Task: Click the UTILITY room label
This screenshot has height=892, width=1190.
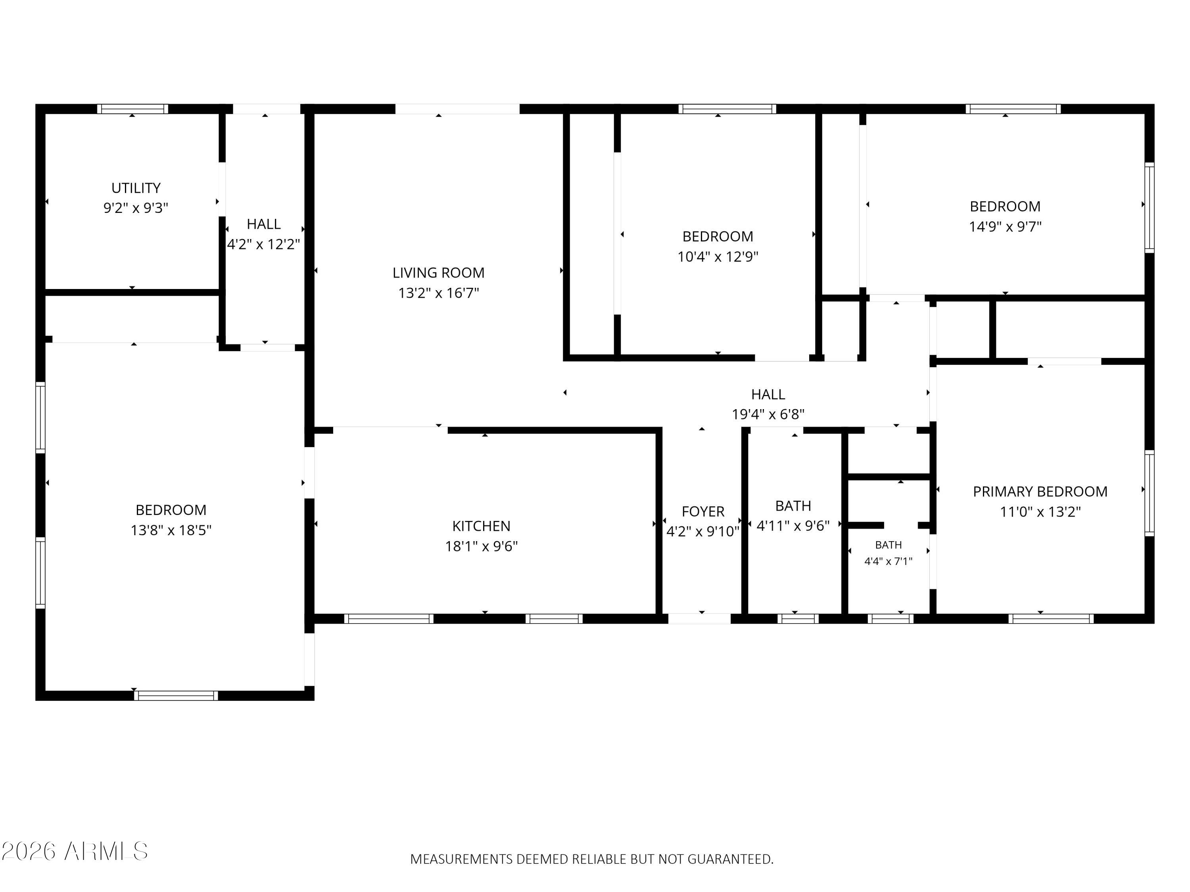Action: [x=136, y=188]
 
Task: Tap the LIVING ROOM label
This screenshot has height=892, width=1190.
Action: [x=438, y=273]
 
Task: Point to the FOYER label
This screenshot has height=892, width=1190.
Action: [x=703, y=511]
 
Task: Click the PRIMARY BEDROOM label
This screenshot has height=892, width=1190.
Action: [x=1040, y=492]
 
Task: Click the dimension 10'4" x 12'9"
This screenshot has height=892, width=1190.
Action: [x=718, y=256]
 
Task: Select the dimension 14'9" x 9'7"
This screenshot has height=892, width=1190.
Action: [x=1005, y=226]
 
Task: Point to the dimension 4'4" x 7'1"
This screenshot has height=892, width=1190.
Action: [x=888, y=561]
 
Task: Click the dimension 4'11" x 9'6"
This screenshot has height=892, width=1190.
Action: [x=793, y=525]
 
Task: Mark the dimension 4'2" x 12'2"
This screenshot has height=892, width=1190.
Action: [x=264, y=244]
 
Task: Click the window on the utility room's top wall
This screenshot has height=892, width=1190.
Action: [x=132, y=109]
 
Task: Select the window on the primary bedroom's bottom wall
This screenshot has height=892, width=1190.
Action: [x=1051, y=618]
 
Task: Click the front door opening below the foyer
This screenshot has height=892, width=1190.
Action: [x=699, y=618]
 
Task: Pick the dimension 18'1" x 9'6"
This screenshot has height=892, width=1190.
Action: [x=482, y=546]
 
